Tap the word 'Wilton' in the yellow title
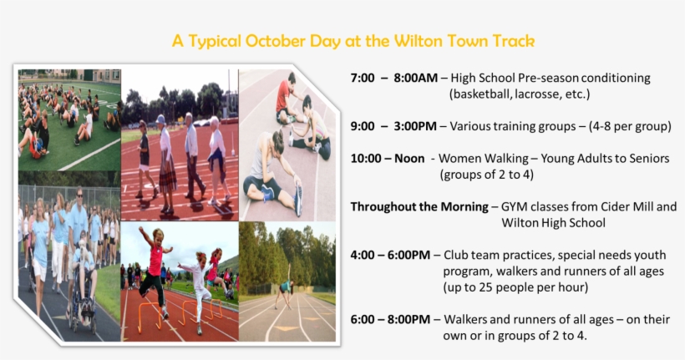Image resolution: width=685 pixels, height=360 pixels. coord(414,41)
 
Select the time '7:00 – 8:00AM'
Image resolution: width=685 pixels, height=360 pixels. coord(393,78)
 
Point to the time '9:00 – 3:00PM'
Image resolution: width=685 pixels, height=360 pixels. coord(393,127)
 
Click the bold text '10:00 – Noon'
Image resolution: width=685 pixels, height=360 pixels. coord(388,158)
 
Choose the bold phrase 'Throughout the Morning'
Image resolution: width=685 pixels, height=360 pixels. coord(419,206)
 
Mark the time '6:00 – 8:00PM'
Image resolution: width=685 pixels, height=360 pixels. coord(390,319)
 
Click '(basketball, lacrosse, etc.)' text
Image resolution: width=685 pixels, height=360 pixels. coord(520,94)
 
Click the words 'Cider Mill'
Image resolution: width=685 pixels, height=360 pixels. coord(634,206)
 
